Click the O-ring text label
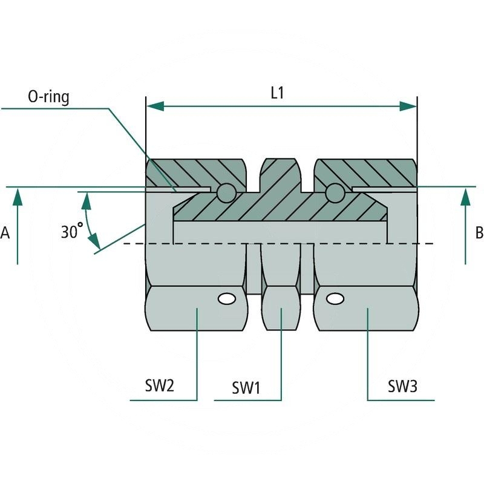[49, 97]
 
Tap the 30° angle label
[72, 231]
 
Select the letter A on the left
[5, 232]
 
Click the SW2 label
[159, 385]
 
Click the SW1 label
[246, 388]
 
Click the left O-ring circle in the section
[226, 192]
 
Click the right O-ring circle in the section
[334, 192]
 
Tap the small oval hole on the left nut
[227, 298]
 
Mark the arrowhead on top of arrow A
[18, 195]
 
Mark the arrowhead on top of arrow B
[465, 195]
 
